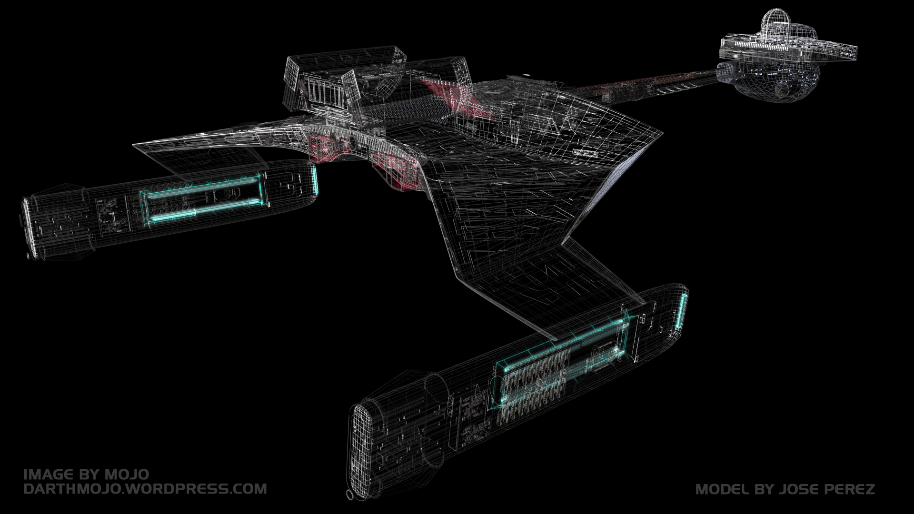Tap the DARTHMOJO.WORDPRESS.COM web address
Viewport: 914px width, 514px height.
(x=145, y=489)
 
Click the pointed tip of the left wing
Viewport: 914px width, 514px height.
(x=136, y=144)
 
